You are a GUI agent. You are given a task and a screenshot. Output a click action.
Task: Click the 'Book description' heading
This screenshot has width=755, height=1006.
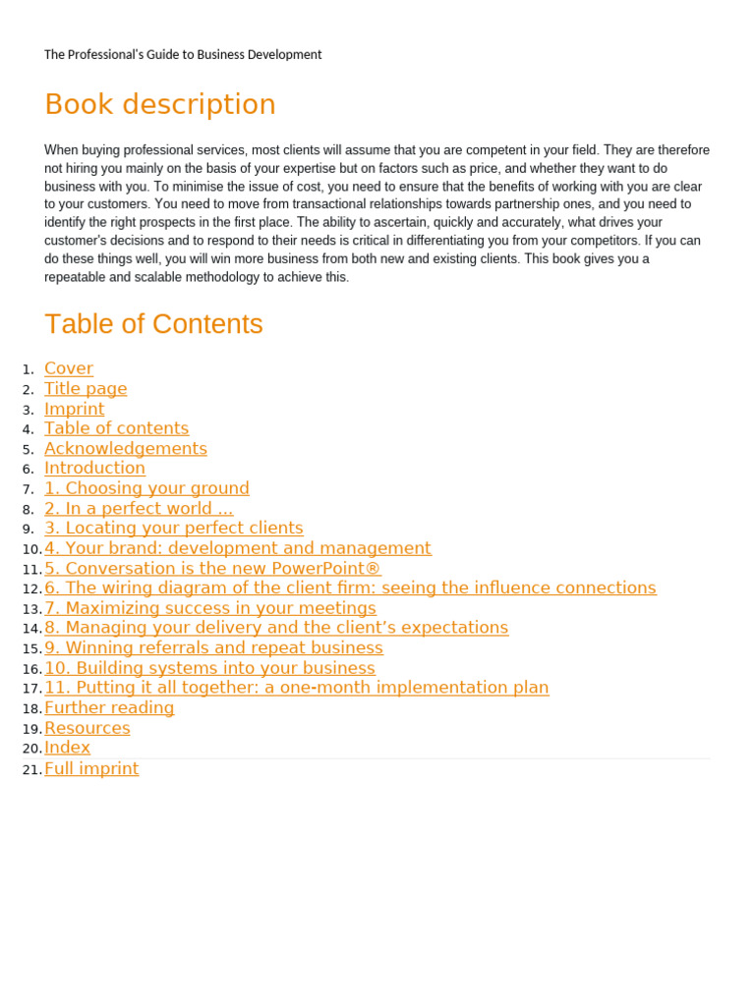click(x=160, y=104)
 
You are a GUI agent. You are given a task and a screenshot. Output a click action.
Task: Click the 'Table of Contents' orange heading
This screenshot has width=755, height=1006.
click(x=153, y=324)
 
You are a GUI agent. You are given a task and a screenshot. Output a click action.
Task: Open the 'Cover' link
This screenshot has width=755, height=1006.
click(x=69, y=368)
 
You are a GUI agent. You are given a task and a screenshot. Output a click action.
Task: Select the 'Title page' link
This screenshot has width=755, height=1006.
click(x=86, y=389)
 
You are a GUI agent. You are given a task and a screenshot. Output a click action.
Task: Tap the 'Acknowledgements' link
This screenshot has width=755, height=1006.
click(x=126, y=449)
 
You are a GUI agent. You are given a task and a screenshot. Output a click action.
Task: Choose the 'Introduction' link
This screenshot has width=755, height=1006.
click(x=94, y=469)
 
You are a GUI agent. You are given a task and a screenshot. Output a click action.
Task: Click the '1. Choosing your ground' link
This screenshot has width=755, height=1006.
click(x=146, y=488)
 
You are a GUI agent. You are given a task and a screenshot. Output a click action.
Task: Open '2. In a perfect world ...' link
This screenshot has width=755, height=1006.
click(x=139, y=509)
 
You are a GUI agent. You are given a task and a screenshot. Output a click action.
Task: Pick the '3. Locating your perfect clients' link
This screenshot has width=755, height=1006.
click(x=174, y=529)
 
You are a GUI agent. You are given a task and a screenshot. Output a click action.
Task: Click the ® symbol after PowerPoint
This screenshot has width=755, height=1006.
click(x=373, y=569)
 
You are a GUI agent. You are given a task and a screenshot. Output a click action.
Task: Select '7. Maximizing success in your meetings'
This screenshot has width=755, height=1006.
click(x=210, y=608)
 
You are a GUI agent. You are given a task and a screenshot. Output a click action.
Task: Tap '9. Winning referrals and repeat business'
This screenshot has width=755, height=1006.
click(x=213, y=648)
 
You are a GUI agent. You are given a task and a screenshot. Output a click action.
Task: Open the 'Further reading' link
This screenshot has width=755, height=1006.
click(x=109, y=708)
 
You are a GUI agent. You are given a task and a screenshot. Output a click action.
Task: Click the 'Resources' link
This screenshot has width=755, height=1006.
click(x=87, y=728)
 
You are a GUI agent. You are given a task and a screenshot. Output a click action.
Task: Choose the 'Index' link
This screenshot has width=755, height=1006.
click(x=67, y=748)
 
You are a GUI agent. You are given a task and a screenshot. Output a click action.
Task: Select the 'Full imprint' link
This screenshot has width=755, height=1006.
click(x=91, y=769)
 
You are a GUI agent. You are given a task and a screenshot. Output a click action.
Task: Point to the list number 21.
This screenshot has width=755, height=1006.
click(x=30, y=770)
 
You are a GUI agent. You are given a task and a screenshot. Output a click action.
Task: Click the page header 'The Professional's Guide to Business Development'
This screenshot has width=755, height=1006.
click(x=183, y=55)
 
